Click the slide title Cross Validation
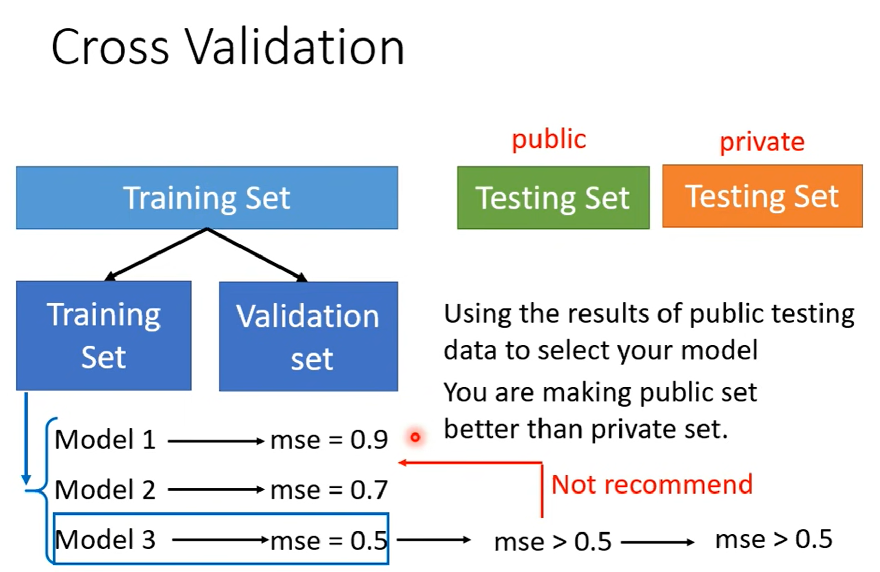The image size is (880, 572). [228, 47]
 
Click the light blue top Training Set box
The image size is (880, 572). [207, 198]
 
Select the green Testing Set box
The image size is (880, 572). [553, 198]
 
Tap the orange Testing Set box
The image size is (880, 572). [762, 196]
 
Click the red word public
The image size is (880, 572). [549, 140]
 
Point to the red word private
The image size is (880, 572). [762, 142]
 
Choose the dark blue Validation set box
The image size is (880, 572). [308, 336]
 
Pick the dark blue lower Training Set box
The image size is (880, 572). [104, 336]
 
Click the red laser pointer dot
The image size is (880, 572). [415, 437]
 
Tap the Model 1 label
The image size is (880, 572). [105, 440]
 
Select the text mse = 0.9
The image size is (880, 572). [329, 440]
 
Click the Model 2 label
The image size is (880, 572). [105, 489]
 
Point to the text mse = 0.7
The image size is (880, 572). [329, 489]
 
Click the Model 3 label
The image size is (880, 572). [105, 540]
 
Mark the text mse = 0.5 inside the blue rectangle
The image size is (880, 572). [329, 540]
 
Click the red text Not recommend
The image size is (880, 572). [651, 484]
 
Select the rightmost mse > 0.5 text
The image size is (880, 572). [773, 539]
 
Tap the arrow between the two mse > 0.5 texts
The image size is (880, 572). [657, 542]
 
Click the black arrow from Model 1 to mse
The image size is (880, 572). [215, 441]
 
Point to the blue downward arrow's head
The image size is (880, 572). [26, 480]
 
